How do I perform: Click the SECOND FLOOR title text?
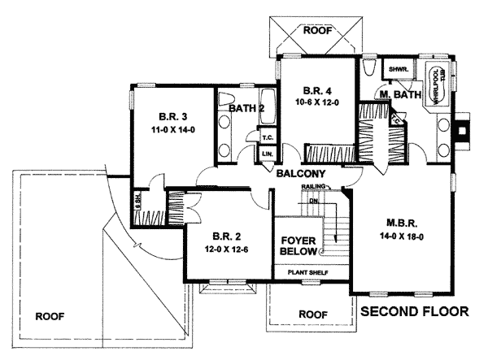click(x=415, y=310)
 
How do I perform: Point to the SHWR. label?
click(x=398, y=69)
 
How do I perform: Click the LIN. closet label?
click(x=267, y=154)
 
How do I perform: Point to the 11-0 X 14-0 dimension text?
click(x=171, y=128)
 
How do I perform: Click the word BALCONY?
click(x=301, y=173)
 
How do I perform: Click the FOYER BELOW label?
click(x=298, y=246)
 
